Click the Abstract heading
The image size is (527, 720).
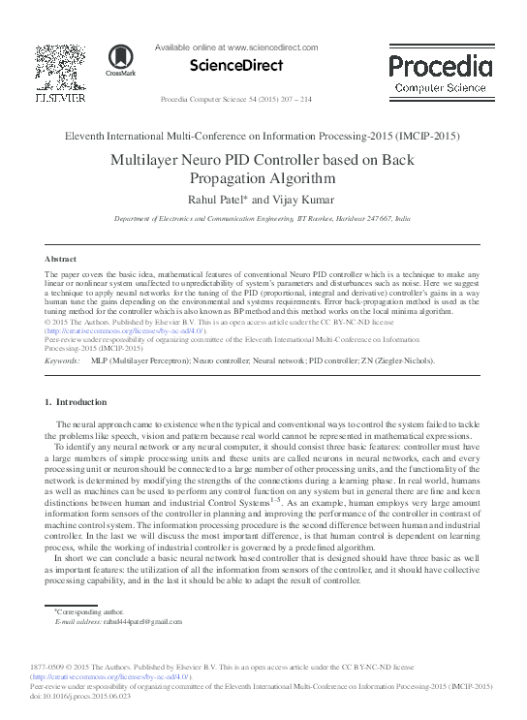coord(61,260)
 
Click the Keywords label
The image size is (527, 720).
coord(63,360)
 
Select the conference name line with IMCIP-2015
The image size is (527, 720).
coord(263,136)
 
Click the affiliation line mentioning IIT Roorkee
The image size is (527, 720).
coord(263,220)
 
